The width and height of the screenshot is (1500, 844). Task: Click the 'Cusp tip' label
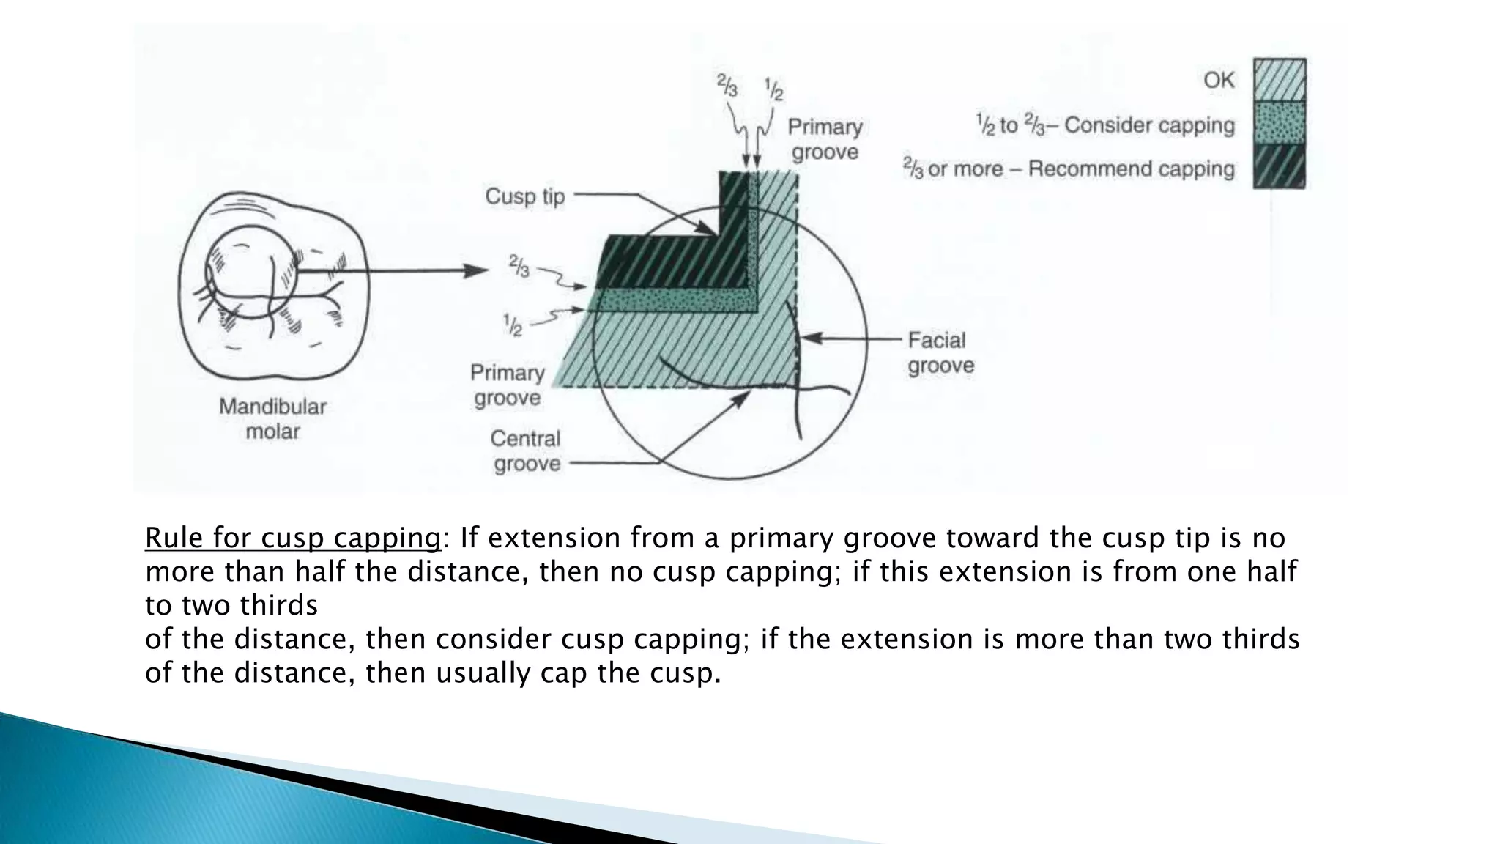click(x=525, y=196)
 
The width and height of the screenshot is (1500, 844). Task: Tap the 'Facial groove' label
click(x=940, y=352)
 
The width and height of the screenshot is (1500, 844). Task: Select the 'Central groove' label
click(x=525, y=451)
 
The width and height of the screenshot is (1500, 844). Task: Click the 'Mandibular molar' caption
click(x=272, y=418)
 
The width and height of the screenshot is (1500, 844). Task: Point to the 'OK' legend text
click(x=1219, y=79)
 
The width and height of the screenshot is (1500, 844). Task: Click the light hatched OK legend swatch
click(x=1279, y=79)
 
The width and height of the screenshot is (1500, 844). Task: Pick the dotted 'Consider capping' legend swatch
click(x=1279, y=122)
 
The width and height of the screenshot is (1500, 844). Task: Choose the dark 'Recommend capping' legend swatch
click(x=1279, y=166)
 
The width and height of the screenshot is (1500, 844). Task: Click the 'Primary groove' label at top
click(x=825, y=139)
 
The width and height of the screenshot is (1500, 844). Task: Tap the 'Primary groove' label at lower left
click(x=507, y=385)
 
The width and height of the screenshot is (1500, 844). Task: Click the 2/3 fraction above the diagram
click(x=727, y=87)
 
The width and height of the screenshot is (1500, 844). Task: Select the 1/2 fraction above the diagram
click(x=773, y=89)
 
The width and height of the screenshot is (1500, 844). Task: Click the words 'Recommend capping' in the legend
click(x=1131, y=169)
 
